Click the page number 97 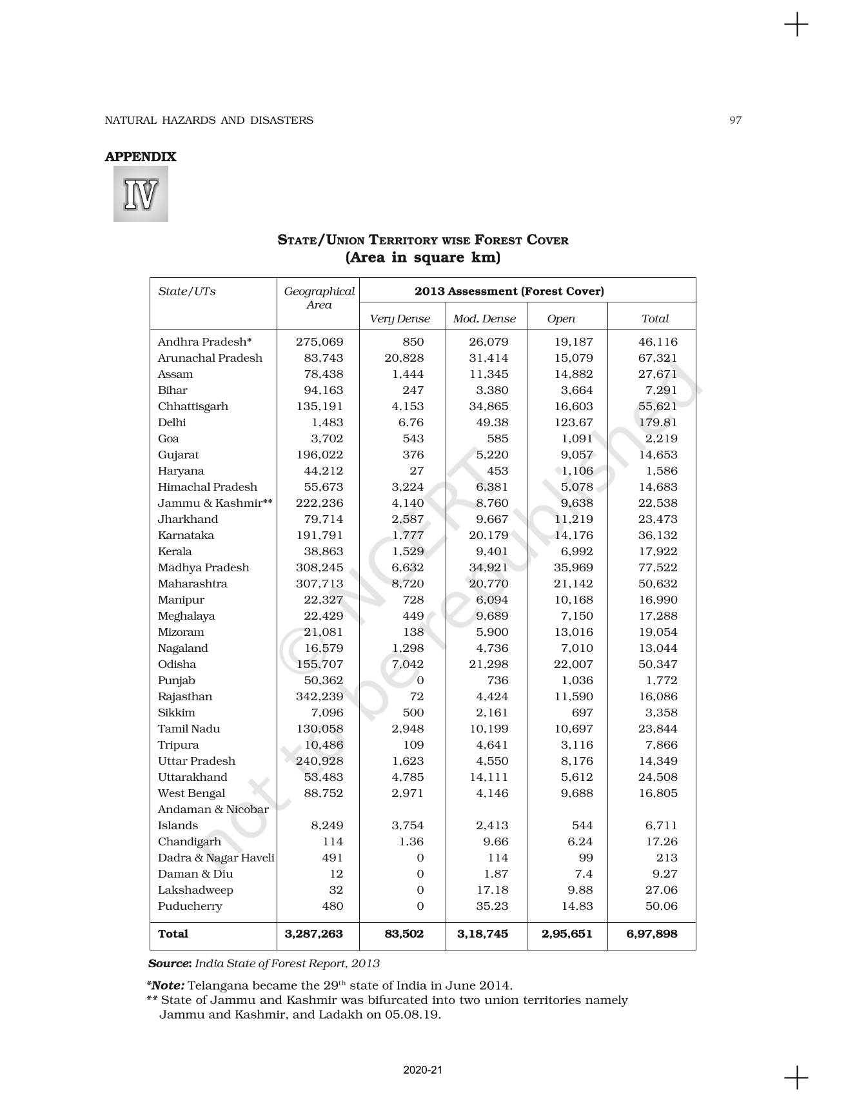[735, 120]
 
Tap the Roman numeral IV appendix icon [141, 194]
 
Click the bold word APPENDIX [141, 157]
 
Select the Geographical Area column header [319, 298]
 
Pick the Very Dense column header [400, 319]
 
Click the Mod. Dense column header [484, 319]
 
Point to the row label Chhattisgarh [193, 406]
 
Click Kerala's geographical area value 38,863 [323, 551]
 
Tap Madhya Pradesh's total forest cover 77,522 [658, 567]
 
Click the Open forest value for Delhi [573, 422]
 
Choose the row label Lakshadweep [195, 890]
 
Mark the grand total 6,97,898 [651, 934]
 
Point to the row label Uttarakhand [192, 777]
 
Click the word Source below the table [170, 963]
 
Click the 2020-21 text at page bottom [423, 1070]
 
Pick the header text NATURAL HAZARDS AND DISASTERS [209, 120]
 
